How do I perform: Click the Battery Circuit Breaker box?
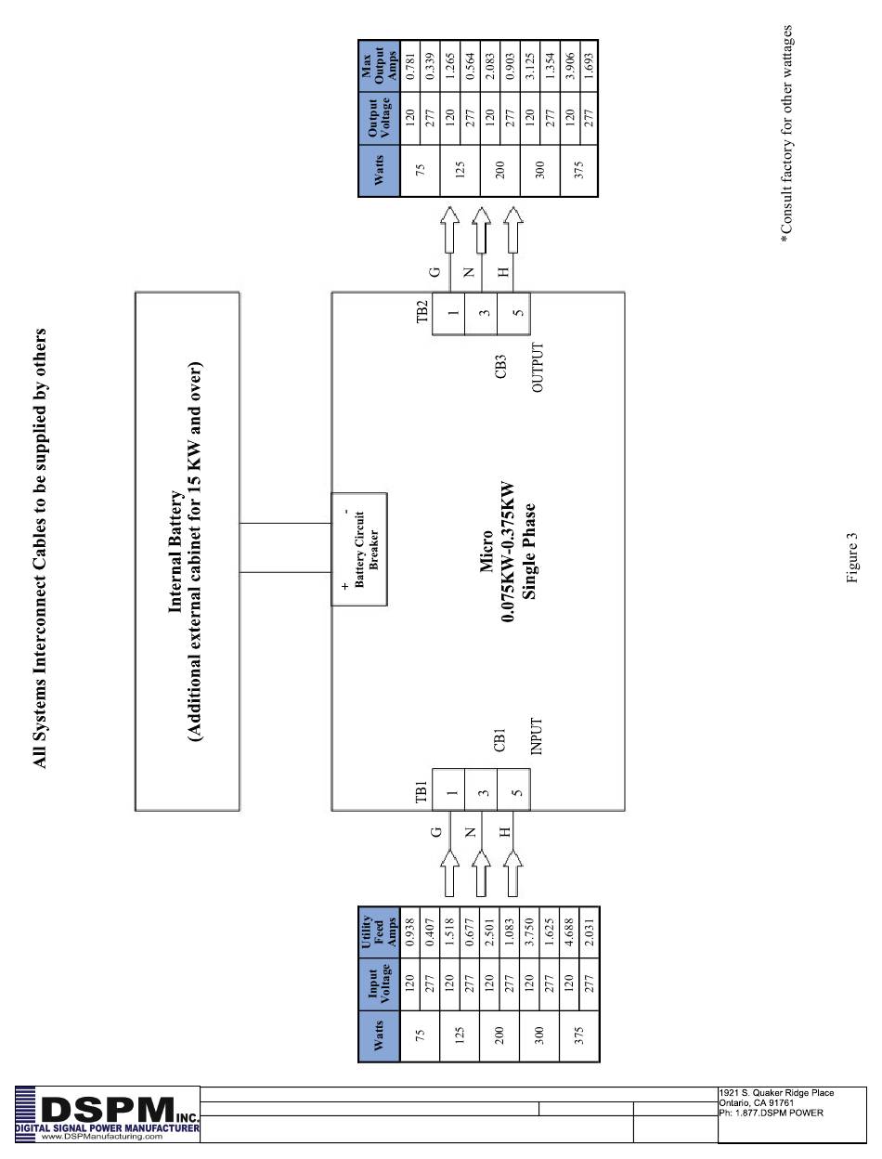[359, 549]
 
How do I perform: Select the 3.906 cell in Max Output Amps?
[569, 66]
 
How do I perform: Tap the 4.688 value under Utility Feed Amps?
[568, 932]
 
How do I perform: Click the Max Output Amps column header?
[379, 66]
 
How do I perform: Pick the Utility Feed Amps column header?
[379, 932]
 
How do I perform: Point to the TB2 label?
[422, 311]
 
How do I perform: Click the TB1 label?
[422, 791]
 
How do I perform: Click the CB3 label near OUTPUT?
[500, 366]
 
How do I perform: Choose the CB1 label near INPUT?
[499, 740]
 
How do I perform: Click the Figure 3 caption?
[851, 557]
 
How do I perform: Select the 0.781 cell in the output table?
[410, 66]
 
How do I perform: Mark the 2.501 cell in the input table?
[488, 932]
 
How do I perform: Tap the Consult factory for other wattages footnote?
[786, 134]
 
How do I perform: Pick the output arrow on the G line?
[449, 229]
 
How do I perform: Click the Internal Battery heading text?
[175, 553]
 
